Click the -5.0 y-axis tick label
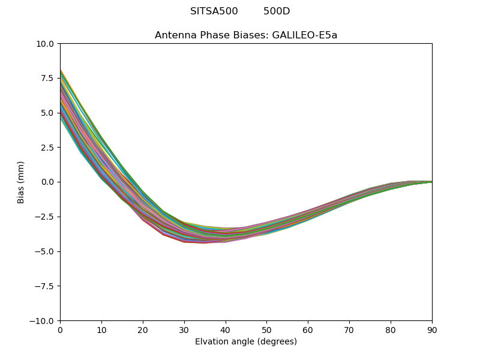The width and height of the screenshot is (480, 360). pos(46,251)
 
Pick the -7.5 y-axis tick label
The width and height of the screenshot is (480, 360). pos(46,286)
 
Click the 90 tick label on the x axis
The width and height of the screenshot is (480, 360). pos(432,330)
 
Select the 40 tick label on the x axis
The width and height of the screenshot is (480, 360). pos(226,330)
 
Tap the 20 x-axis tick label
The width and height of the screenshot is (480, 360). pos(143,330)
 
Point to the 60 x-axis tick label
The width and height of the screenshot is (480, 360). pos(308,330)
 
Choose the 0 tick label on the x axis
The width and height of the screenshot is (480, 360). pos(60,330)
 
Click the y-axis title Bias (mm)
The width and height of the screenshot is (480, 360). pos(21,182)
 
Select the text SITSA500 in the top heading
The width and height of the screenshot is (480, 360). pos(214,11)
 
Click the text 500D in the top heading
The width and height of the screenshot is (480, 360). pos(277,11)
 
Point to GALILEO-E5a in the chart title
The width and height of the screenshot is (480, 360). pos(305,35)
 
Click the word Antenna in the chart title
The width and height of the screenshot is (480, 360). pos(174,35)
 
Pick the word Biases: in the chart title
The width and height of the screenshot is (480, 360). pos(251,35)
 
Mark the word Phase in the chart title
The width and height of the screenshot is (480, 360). pos(214,35)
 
